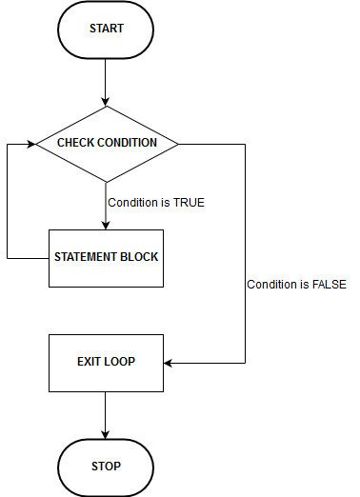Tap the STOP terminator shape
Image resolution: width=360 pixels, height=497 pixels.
[106, 467]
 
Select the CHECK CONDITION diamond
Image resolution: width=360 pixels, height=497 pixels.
[106, 144]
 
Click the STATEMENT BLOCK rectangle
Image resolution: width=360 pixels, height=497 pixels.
[106, 258]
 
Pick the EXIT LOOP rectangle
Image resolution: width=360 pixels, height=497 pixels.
[106, 363]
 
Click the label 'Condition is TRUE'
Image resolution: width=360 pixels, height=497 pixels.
[156, 202]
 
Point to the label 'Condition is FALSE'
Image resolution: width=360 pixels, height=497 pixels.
[296, 285]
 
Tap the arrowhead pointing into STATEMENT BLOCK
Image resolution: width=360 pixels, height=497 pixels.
[106, 224]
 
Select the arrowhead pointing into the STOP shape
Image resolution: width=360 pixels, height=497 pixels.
[106, 433]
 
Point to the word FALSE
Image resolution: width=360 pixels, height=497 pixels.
[329, 285]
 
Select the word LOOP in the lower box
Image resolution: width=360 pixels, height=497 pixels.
[119, 363]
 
